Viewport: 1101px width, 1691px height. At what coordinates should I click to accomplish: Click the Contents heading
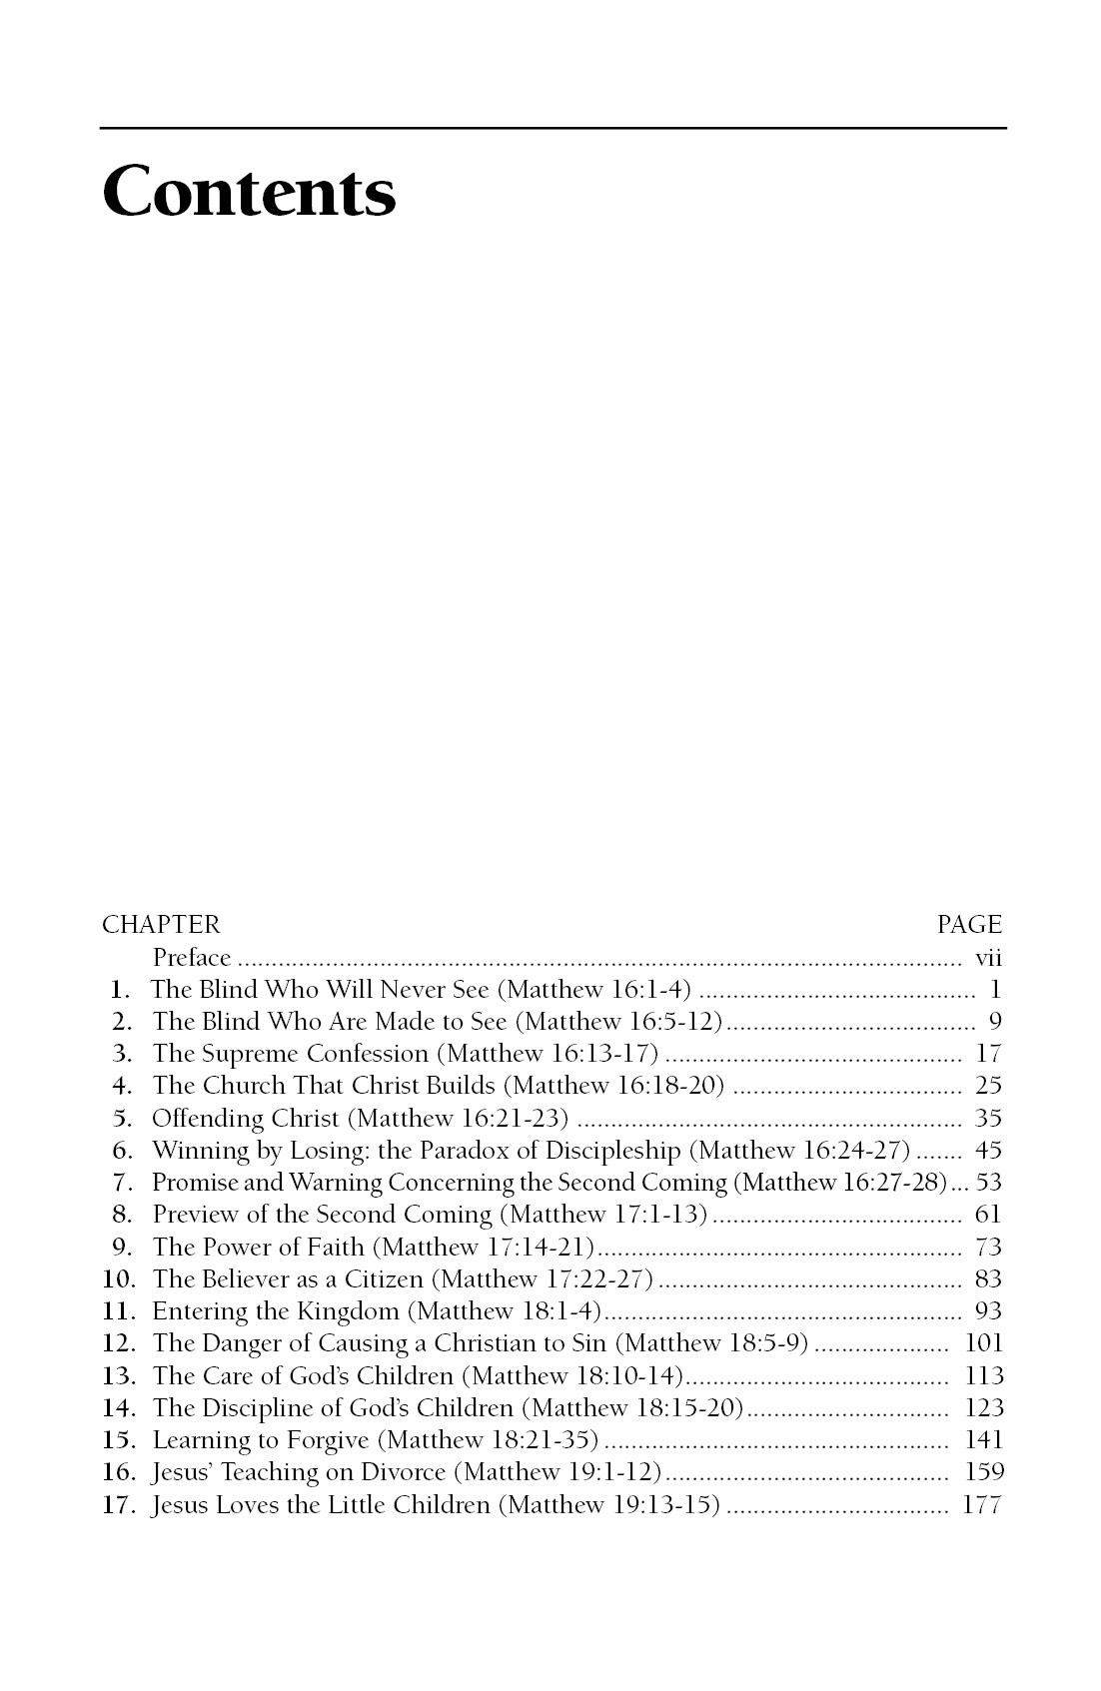click(x=249, y=192)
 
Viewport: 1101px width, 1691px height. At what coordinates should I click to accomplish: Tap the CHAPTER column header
click(x=160, y=925)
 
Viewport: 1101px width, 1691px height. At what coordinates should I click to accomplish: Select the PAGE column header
click(x=968, y=925)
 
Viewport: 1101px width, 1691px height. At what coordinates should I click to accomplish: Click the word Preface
click(x=192, y=958)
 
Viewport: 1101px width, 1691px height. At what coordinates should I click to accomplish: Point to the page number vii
click(x=987, y=958)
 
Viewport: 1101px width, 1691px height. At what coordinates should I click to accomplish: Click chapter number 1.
click(x=120, y=990)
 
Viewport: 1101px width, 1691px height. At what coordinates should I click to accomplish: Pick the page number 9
click(x=994, y=1022)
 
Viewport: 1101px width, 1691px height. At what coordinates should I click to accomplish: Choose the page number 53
click(x=988, y=1183)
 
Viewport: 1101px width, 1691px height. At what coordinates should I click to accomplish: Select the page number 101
click(x=983, y=1343)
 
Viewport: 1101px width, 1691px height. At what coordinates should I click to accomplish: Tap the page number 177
click(x=981, y=1504)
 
